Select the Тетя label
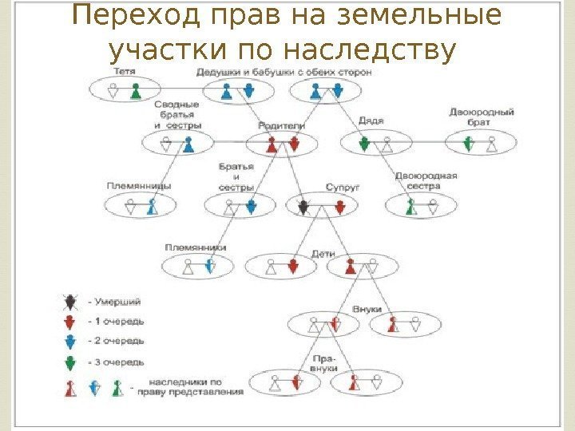[123, 72]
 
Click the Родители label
[281, 126]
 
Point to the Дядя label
[371, 121]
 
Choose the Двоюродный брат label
[481, 118]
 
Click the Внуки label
[367, 309]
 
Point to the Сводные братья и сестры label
[178, 116]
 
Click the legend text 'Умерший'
[118, 301]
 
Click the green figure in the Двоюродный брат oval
[470, 144]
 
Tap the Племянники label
[196, 247]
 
